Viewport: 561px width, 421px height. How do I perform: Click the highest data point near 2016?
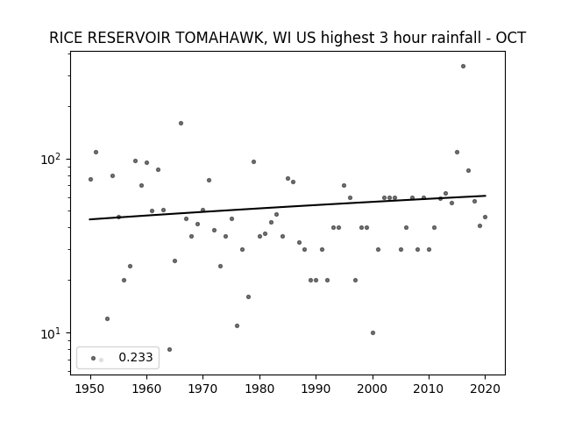tap(463, 67)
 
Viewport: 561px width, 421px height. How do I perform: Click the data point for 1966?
tap(181, 123)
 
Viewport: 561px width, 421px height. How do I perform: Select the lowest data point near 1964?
tap(169, 349)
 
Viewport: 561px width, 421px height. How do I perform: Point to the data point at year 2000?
tap(373, 333)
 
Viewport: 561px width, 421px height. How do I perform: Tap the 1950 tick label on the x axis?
tap(90, 389)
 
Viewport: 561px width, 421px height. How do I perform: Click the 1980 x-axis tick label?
tap(259, 389)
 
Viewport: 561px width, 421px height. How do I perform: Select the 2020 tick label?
tap(485, 389)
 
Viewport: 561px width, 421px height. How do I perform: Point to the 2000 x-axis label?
tap(373, 389)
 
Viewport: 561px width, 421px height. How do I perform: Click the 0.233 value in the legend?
tap(136, 357)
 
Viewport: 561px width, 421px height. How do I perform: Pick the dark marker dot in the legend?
tap(94, 358)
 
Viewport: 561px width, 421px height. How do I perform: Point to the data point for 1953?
tap(107, 318)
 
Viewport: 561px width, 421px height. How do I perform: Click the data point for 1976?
tap(237, 325)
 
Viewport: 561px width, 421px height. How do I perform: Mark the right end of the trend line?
tap(486, 196)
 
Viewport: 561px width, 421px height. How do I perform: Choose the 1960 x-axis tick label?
tap(146, 389)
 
